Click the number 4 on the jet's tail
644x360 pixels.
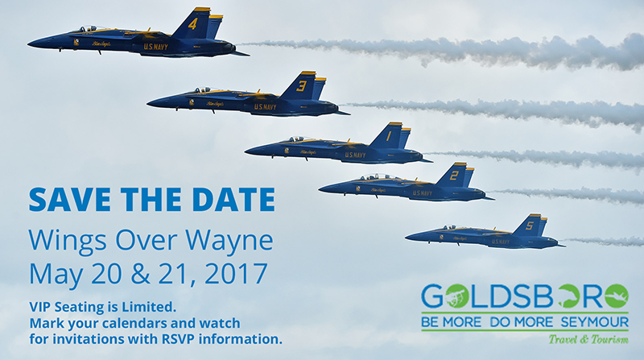click(192, 24)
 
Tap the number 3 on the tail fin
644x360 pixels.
click(302, 86)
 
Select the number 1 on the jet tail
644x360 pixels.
click(388, 136)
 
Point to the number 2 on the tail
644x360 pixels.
click(454, 176)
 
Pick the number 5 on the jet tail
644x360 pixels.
click(530, 226)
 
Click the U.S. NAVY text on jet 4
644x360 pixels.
click(156, 47)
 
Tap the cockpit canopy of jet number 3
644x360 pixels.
click(204, 90)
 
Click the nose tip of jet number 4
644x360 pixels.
click(28, 43)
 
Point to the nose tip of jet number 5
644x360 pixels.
click(406, 237)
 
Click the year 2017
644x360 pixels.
click(236, 274)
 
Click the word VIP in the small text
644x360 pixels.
click(39, 307)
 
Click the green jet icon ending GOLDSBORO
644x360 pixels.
click(616, 296)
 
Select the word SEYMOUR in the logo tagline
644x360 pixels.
click(594, 322)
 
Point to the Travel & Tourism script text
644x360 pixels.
click(588, 339)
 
